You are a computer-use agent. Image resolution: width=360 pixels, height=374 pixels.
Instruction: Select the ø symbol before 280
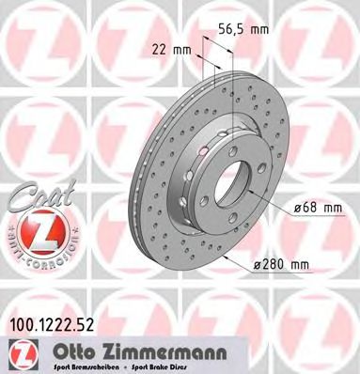255,268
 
